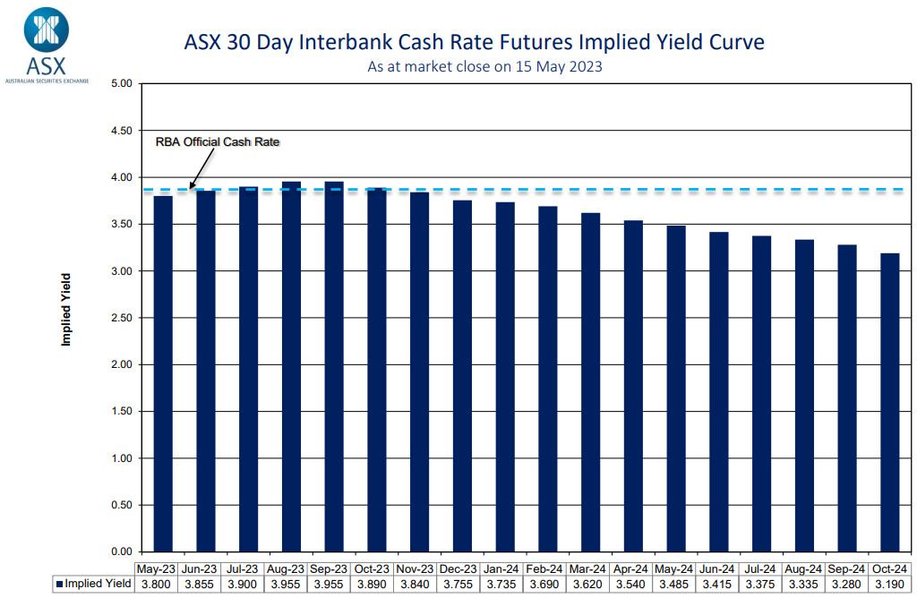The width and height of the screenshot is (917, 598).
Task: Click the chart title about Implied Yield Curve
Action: (x=474, y=42)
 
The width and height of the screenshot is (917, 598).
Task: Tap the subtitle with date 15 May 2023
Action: (x=484, y=67)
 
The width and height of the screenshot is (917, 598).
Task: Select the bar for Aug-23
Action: (x=291, y=366)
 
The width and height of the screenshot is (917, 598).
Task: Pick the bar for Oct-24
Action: (x=889, y=402)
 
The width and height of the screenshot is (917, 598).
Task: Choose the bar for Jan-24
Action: (x=505, y=377)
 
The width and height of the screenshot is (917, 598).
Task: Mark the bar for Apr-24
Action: (x=633, y=386)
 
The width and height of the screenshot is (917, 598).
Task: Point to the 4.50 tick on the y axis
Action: (x=120, y=131)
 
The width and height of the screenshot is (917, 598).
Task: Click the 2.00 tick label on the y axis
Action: (x=120, y=364)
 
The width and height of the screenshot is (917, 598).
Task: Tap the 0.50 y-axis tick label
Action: (x=120, y=505)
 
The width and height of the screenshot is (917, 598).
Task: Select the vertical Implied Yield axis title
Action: (x=66, y=309)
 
